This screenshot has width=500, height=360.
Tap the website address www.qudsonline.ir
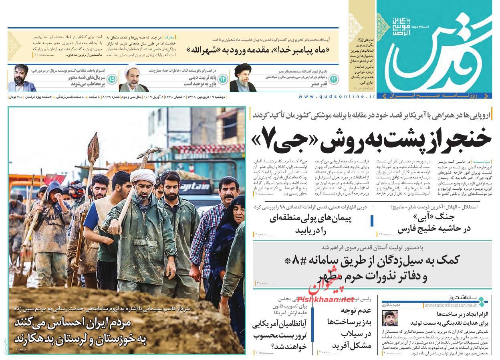(337, 97)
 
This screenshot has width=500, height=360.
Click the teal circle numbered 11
(333, 79)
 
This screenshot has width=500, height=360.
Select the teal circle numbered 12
(223, 79)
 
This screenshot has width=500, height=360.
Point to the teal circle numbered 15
(111, 79)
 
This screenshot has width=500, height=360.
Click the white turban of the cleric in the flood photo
(143, 176)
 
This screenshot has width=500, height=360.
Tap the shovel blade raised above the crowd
(93, 146)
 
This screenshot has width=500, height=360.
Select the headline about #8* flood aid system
(373, 267)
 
